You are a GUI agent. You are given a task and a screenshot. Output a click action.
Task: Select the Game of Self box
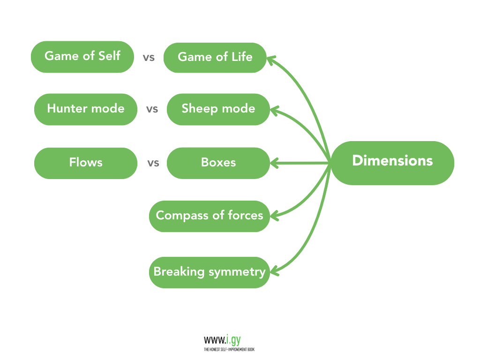(82, 57)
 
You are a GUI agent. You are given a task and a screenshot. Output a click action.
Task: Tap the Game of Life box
(215, 57)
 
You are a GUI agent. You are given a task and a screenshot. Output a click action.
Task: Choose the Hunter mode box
(86, 109)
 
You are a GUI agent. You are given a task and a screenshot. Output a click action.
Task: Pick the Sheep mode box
(218, 109)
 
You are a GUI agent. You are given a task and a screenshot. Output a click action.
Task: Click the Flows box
(86, 163)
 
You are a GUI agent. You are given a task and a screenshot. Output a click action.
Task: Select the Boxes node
(218, 163)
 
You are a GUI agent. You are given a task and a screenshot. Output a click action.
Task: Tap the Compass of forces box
(210, 216)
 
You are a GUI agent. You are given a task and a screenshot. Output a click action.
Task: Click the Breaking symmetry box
(210, 272)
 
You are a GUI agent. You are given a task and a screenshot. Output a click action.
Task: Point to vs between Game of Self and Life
(149, 58)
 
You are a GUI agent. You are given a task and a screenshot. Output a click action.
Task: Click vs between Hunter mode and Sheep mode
(152, 110)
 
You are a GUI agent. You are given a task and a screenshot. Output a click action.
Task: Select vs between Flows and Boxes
(153, 164)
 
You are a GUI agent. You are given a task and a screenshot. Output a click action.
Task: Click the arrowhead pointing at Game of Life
(271, 59)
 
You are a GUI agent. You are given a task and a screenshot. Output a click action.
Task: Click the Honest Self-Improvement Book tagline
(229, 349)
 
